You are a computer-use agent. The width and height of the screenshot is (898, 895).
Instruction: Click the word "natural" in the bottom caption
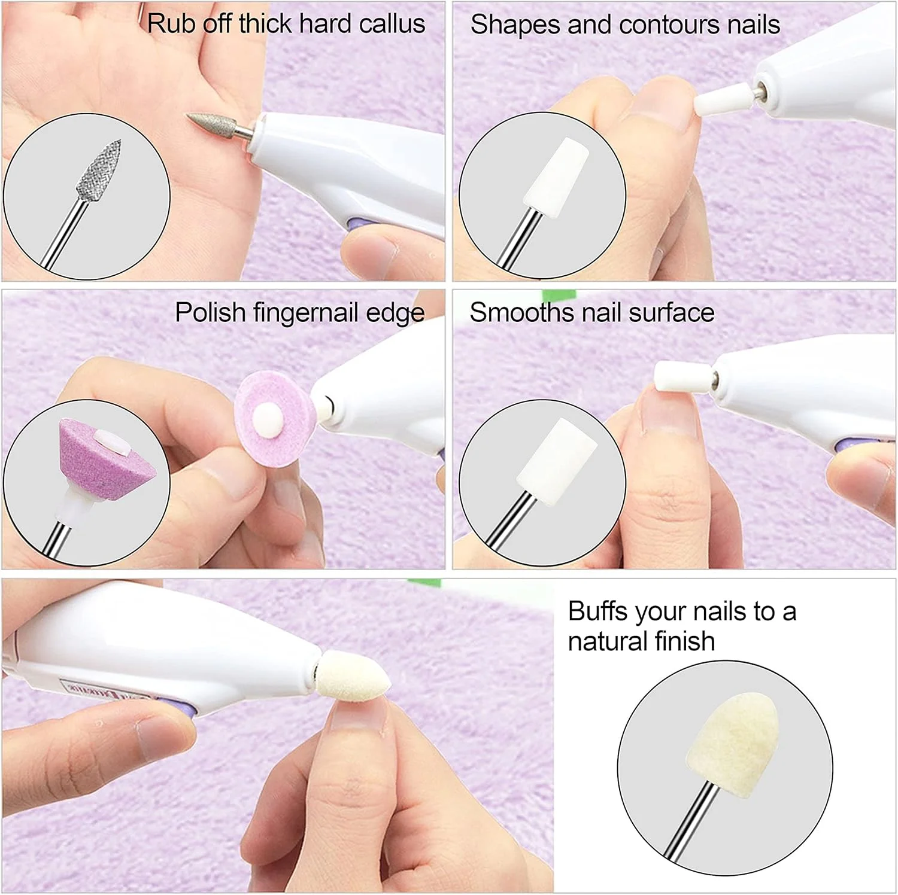pos(607,641)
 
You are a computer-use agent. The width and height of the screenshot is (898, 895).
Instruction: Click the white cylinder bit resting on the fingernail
pos(682,377)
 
